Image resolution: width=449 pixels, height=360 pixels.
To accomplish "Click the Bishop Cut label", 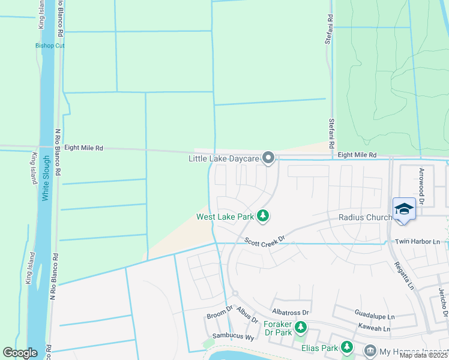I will tap(50, 46).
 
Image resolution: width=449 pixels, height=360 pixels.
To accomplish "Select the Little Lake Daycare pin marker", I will tap(269, 158).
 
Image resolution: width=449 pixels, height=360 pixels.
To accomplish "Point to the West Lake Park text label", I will tap(225, 217).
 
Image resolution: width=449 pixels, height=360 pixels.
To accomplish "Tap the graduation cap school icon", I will tap(404, 209).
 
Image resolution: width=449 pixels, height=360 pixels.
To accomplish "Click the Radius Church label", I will tap(366, 217).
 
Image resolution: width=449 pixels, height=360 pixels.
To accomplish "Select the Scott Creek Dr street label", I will tap(264, 240).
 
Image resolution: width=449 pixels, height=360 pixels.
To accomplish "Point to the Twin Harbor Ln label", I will tap(417, 241).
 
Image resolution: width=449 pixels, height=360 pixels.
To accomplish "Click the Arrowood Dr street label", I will tap(421, 187).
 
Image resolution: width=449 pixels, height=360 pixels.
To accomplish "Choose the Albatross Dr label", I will tap(290, 312).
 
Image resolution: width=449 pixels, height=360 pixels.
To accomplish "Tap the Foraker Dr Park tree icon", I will tap(301, 327).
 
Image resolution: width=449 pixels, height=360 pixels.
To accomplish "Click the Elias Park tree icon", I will tap(346, 346).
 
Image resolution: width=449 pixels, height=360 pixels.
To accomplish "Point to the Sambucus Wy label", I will tap(234, 337).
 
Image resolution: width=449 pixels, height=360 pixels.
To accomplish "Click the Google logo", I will tap(20, 353).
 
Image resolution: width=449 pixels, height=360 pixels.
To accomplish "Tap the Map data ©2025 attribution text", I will tap(423, 355).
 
